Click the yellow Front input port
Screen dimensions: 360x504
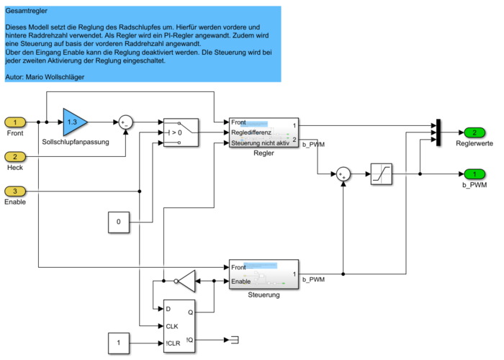pyautogui.click(x=16, y=122)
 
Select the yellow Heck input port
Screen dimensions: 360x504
pyautogui.click(x=16, y=156)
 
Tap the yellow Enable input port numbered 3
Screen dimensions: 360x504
pyautogui.click(x=16, y=191)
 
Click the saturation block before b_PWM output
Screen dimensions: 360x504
pyautogui.click(x=381, y=174)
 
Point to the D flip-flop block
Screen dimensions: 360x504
pyautogui.click(x=180, y=325)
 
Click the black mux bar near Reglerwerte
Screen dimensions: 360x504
pyautogui.click(x=438, y=132)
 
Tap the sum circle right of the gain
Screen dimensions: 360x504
pyautogui.click(x=126, y=122)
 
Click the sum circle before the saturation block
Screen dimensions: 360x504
pyautogui.click(x=343, y=174)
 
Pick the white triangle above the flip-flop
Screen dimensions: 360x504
pyautogui.click(x=186, y=281)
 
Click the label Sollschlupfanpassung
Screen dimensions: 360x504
pyautogui.click(x=76, y=143)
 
